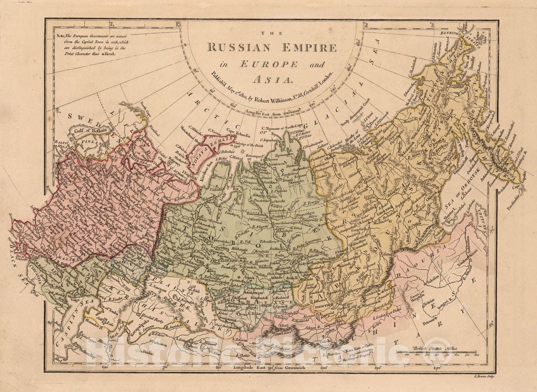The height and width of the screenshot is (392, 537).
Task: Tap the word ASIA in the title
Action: [x=273, y=80]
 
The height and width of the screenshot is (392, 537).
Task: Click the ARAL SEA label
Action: [x=118, y=324]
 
